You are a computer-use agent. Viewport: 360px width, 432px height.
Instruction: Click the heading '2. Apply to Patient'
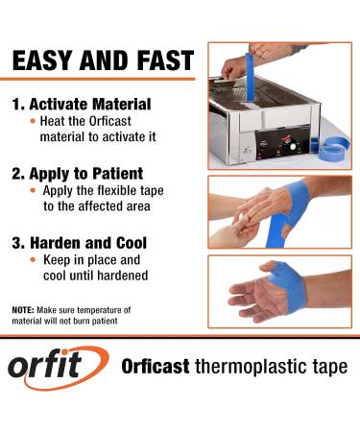(x=77, y=174)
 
